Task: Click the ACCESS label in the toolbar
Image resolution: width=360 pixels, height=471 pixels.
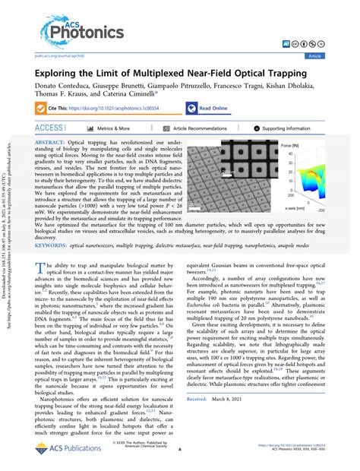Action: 49,128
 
